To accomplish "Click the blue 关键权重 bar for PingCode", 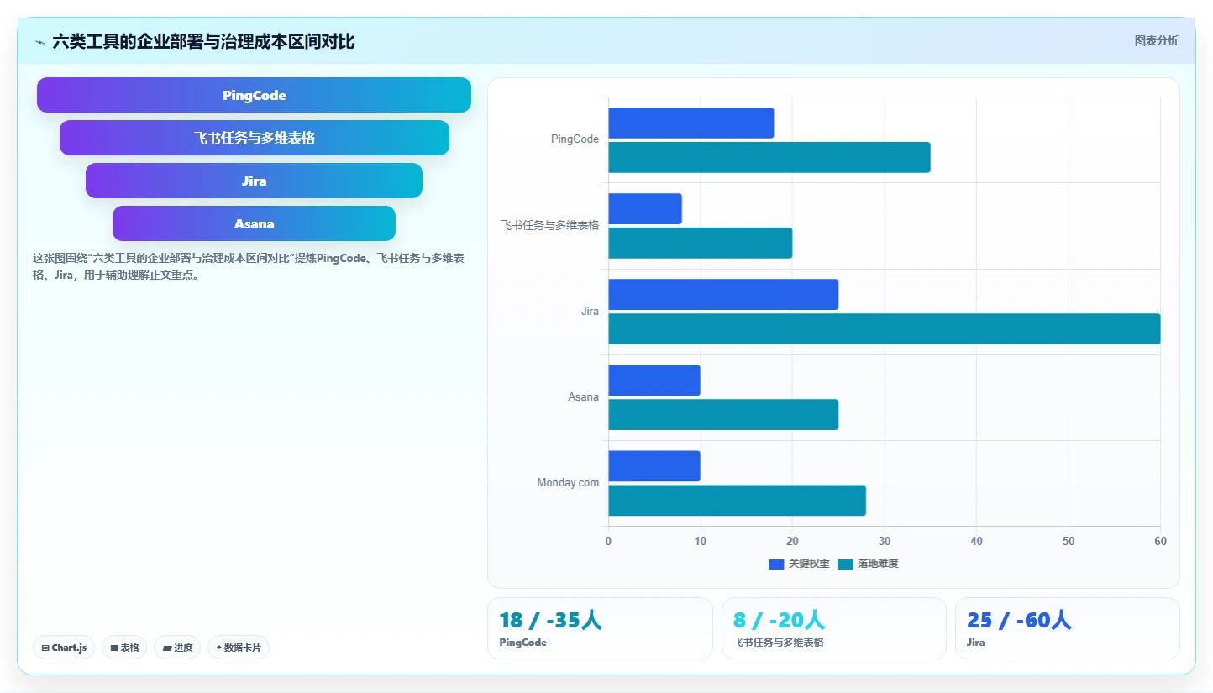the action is [x=691, y=123].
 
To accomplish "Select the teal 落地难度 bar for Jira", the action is [x=885, y=328].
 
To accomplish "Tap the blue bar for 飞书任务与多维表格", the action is [x=645, y=208].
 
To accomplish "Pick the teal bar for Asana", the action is [x=723, y=415].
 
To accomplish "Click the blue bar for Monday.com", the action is [x=654, y=466].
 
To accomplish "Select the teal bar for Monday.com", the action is [x=737, y=501].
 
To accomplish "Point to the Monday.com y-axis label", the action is [x=568, y=482].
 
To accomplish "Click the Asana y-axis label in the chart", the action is [x=583, y=396].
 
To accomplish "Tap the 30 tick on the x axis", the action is [x=885, y=541].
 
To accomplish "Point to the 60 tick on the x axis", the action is [x=1160, y=541].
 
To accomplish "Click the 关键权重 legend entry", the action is [x=799, y=564].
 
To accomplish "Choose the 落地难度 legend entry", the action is [x=868, y=564].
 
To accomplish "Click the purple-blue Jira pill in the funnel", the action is [x=254, y=181].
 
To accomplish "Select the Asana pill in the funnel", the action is [x=254, y=223].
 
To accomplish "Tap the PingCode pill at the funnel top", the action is [x=254, y=95].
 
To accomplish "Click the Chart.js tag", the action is [x=64, y=648].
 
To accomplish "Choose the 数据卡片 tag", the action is [x=239, y=648].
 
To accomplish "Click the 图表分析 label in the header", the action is [x=1156, y=40].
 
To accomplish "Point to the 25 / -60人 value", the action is [x=1019, y=620].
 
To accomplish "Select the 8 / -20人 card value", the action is [x=779, y=620].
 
